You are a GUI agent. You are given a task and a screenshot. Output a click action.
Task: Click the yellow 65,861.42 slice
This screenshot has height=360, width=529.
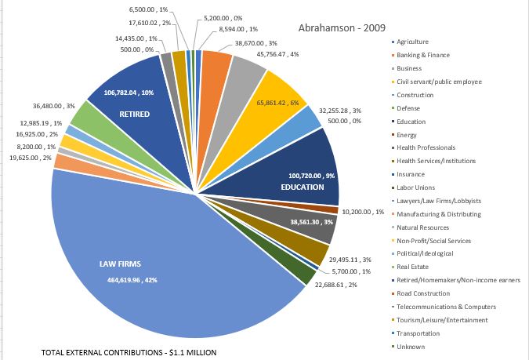[x=270, y=98]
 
